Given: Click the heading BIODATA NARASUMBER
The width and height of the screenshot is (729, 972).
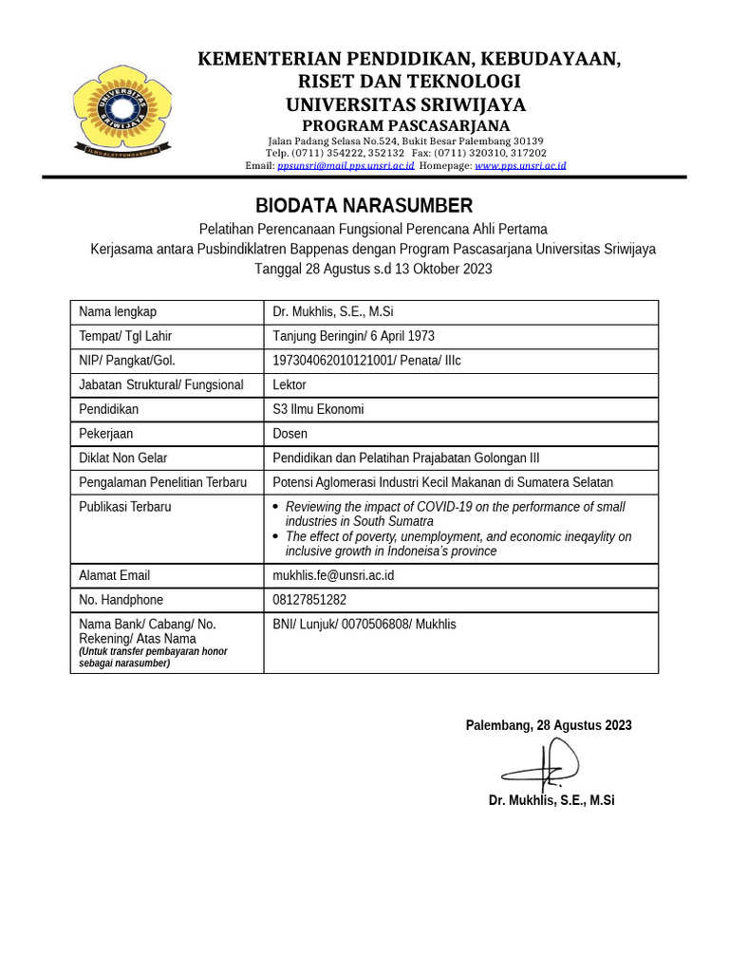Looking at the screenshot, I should coord(364,206).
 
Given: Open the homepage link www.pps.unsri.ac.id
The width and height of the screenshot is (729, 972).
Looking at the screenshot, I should coord(520,165).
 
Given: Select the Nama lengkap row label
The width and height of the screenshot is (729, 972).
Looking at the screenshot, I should coord(118,311).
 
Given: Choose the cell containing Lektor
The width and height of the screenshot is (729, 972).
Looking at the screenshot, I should coord(290,384).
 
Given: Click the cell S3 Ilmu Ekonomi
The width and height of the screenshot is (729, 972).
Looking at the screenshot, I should coord(318,409).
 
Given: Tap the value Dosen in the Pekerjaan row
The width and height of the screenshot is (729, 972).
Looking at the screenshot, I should coord(290,434).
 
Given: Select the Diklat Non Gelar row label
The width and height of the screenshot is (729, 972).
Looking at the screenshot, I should coord(122,458).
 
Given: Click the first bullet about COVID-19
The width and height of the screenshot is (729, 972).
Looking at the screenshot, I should coord(455,514).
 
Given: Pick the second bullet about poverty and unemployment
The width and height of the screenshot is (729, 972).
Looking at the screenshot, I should coord(458,544).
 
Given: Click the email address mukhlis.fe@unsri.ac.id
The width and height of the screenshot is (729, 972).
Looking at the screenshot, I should coord(333,575).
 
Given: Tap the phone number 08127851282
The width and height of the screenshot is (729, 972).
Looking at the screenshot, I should coord(309,600).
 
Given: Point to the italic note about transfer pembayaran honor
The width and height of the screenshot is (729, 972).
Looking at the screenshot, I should coord(153,658).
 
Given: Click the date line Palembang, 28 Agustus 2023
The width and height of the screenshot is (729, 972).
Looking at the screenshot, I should coord(548,725).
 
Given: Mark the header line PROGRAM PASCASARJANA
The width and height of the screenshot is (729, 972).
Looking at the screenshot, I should coord(406,126).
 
